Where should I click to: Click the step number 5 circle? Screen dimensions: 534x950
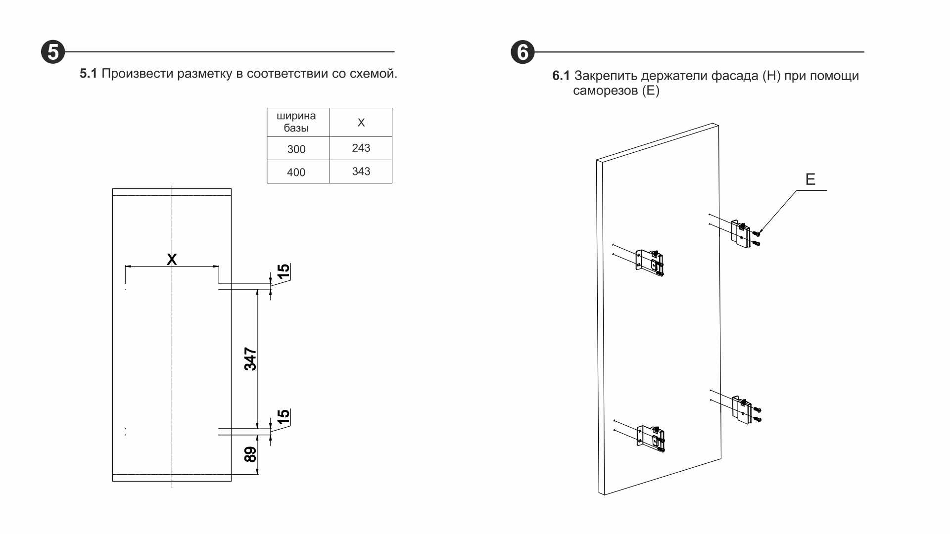pyautogui.click(x=53, y=52)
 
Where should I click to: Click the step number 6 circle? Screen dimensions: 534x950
pyautogui.click(x=522, y=52)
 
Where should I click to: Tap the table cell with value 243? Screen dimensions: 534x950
pyautogui.click(x=361, y=148)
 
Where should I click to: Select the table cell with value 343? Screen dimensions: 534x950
pyautogui.click(x=361, y=171)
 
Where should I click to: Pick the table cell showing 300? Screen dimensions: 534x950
pyautogui.click(x=296, y=149)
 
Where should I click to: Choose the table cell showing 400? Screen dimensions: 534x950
pyautogui.click(x=296, y=172)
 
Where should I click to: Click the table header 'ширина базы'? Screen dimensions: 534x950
pyautogui.click(x=296, y=122)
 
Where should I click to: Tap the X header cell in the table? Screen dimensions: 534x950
pyautogui.click(x=361, y=122)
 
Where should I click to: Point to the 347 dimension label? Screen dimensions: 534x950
pyautogui.click(x=250, y=359)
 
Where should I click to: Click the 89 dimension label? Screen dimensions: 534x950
pyautogui.click(x=250, y=454)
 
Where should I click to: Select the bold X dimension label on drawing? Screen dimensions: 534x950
pyautogui.click(x=172, y=259)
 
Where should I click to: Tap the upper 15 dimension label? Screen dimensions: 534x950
pyautogui.click(x=283, y=271)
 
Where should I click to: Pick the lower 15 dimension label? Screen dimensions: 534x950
pyautogui.click(x=283, y=416)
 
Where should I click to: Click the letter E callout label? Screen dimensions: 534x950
pyautogui.click(x=810, y=179)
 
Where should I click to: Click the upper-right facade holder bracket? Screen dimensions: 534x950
pyautogui.click(x=741, y=233)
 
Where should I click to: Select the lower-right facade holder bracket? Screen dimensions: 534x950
pyautogui.click(x=742, y=409)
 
